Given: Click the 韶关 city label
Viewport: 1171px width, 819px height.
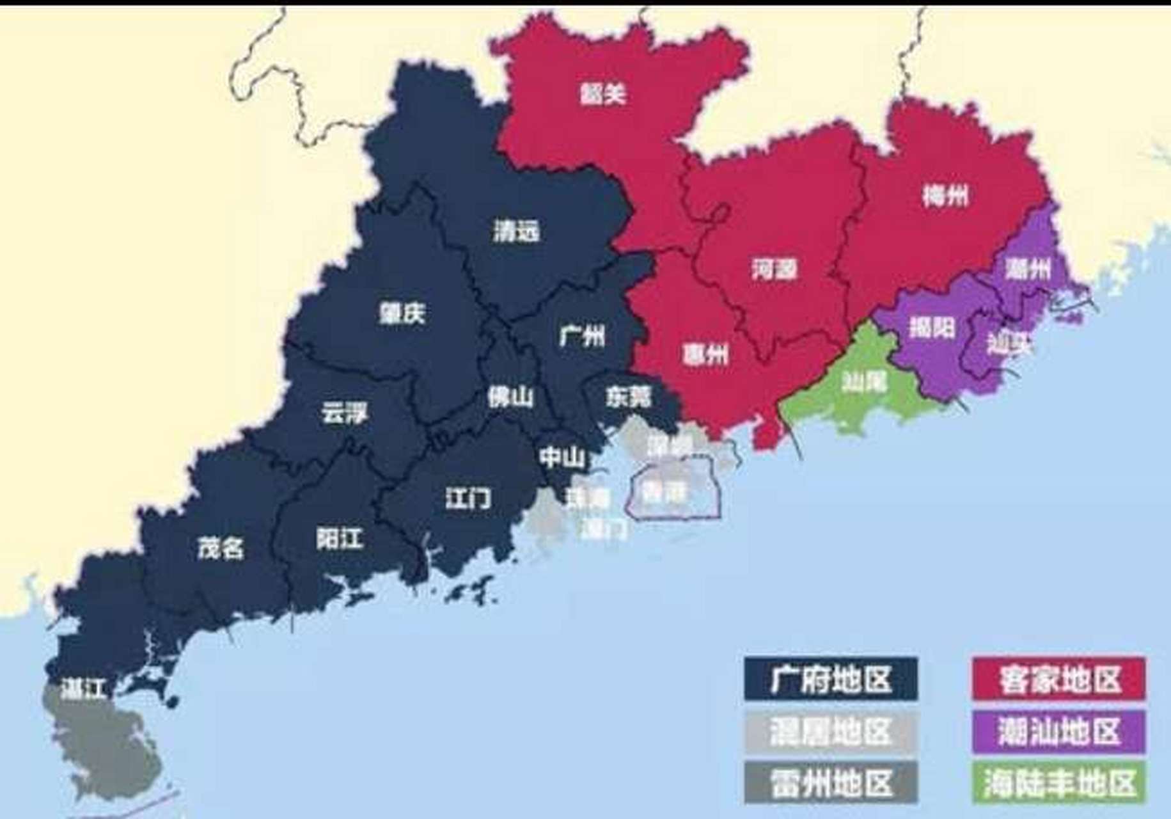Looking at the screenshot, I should [602, 94].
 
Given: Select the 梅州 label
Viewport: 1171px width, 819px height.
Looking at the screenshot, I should [945, 195].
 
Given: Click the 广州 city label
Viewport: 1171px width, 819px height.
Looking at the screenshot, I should [581, 335].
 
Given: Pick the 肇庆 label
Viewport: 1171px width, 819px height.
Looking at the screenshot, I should [402, 313].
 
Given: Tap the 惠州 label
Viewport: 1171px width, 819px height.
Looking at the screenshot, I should [705, 353].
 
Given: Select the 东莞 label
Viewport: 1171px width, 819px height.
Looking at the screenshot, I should [628, 397].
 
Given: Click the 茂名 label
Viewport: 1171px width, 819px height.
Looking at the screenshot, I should [220, 548].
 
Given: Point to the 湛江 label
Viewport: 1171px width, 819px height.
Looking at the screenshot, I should [83, 689].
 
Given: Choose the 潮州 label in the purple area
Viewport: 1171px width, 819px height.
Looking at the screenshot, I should [1027, 269].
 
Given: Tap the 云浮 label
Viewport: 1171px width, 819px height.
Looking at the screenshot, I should [344, 413].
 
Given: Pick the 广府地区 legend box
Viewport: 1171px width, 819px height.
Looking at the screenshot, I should [830, 680].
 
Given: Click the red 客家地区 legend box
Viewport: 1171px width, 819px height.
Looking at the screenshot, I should [1058, 680].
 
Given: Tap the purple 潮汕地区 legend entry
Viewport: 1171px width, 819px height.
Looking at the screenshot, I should [1058, 731].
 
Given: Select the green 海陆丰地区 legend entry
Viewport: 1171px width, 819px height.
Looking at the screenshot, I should [1058, 783].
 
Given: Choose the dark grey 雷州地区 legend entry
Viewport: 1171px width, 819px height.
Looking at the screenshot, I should [830, 783].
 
